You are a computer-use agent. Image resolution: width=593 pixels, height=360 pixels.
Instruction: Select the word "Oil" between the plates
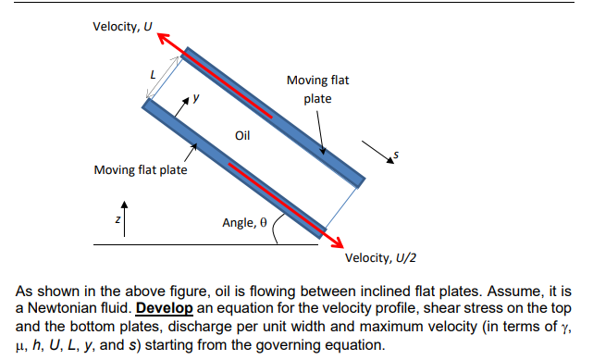point(242,135)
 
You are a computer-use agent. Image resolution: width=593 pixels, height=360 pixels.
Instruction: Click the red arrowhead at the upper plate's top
point(163,38)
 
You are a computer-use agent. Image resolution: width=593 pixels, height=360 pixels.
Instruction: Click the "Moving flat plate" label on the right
point(317,90)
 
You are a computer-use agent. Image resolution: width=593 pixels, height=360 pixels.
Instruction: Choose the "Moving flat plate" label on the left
point(141,169)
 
